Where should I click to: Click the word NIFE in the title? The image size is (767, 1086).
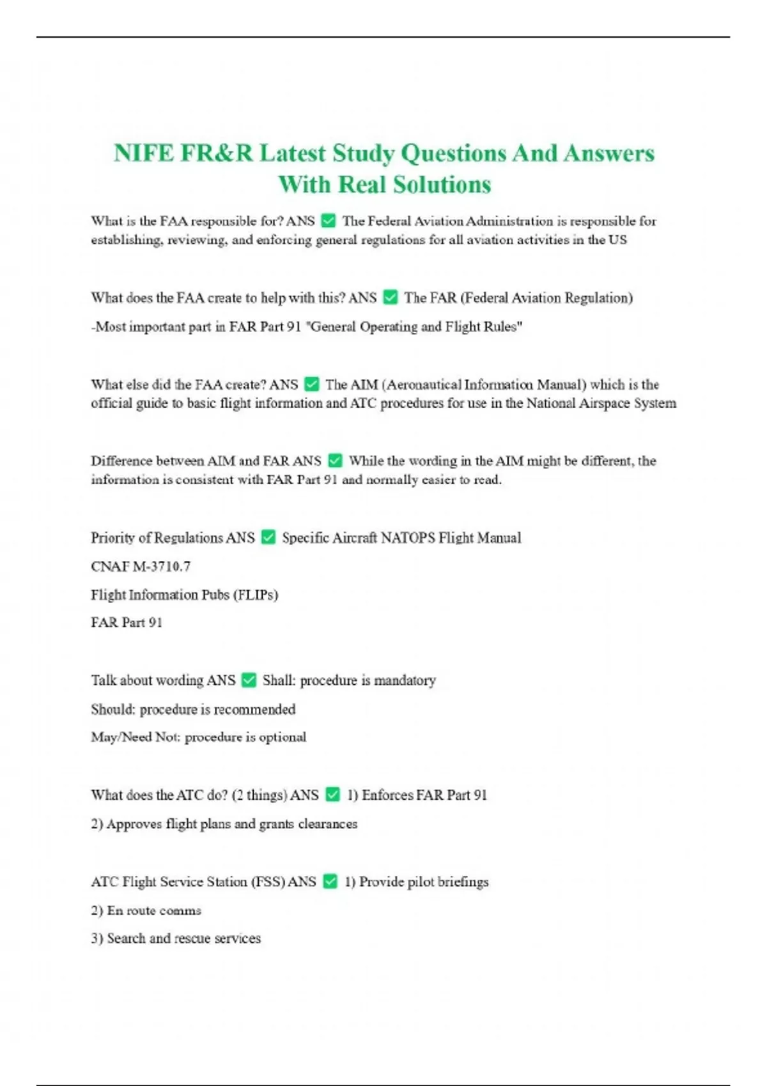point(144,153)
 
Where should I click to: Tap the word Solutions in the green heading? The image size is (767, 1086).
point(442,185)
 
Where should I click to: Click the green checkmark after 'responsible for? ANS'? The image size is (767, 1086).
point(329,221)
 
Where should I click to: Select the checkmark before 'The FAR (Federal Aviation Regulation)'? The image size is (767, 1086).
point(390,298)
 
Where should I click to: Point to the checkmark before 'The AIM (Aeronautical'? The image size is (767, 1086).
point(312,385)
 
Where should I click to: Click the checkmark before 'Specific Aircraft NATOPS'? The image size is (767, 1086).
point(268,538)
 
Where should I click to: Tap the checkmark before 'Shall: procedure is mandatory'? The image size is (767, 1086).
point(249,680)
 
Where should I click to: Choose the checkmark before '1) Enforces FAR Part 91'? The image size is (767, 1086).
point(332,795)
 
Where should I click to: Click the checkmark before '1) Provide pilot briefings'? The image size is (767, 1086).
point(330,882)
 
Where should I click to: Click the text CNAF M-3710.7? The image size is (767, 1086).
point(141,567)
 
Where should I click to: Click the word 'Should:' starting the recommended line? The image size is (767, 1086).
point(112,709)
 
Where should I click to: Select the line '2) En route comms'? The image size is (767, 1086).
point(146,910)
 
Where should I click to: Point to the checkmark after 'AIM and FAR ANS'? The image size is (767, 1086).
point(335,461)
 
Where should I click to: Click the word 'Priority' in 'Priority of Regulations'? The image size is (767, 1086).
point(112,538)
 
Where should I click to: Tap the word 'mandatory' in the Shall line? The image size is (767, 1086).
point(405,680)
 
